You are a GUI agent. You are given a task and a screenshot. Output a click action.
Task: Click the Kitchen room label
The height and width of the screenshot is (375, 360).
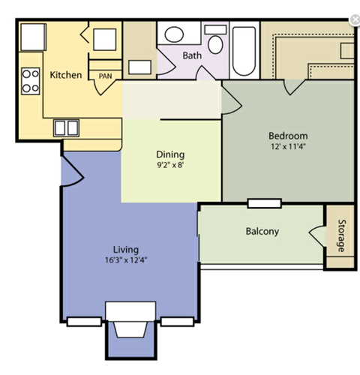click(x=66, y=75)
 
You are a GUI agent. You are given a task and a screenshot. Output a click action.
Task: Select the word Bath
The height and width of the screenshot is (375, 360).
click(x=193, y=55)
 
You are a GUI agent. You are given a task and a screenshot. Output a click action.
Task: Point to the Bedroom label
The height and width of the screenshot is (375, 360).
click(x=288, y=136)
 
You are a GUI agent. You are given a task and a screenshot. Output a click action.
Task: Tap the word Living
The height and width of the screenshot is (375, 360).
click(x=125, y=249)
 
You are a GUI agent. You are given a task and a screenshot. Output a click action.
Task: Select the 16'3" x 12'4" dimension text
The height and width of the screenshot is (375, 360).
click(x=125, y=260)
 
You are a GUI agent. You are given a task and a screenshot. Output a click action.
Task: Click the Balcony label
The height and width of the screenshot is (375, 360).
click(x=262, y=231)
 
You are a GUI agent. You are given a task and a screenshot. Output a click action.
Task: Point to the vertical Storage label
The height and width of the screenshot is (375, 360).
click(x=340, y=236)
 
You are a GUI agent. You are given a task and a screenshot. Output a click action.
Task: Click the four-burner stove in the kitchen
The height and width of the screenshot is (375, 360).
click(x=30, y=80)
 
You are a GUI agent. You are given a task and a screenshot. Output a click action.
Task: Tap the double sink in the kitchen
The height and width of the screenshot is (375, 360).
click(x=66, y=127)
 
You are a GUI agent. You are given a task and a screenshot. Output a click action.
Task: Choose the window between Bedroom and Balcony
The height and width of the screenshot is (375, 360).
click(x=264, y=202)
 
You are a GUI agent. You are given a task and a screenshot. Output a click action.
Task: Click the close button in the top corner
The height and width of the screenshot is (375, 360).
click(x=354, y=19)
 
